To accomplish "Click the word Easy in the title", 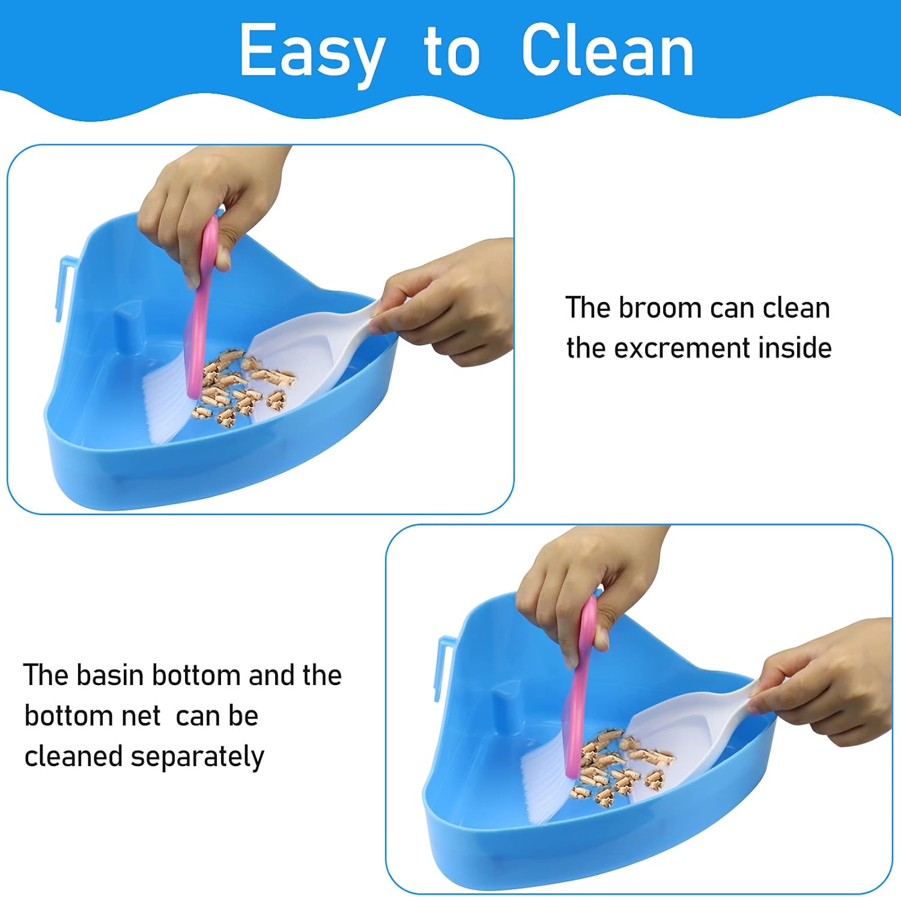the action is point(312,53).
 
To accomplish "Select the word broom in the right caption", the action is point(660,308).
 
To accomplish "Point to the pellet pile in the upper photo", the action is point(240,387).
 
